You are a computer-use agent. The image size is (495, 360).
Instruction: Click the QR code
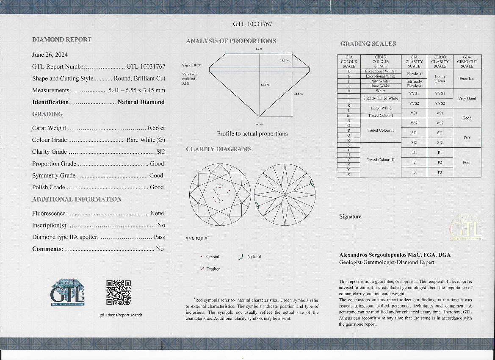point(118,293)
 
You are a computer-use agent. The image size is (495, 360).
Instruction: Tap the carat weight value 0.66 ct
point(156,128)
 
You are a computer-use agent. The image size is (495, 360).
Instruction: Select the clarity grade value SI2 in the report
point(160,152)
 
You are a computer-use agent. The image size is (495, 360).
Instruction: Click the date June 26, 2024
point(50,55)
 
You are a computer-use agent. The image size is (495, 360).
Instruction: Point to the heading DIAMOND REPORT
point(62,39)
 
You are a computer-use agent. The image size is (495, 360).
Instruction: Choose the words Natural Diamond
point(141,102)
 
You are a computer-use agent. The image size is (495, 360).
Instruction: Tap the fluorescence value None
point(157,213)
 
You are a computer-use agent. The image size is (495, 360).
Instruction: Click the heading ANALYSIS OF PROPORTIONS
point(231,41)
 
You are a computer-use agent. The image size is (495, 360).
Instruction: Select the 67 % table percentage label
point(259,49)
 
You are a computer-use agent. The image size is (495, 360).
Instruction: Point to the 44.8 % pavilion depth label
point(298,94)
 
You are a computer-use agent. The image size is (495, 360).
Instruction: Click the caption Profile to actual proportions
point(252,134)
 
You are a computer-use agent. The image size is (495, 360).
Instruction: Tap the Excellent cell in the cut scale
point(467,79)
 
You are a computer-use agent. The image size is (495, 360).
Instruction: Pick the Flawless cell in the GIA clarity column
point(414,74)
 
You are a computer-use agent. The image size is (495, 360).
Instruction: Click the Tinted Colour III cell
point(380,160)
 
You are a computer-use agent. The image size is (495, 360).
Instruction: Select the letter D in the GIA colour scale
point(348,71)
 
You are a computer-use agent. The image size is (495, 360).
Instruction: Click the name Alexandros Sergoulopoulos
point(375,255)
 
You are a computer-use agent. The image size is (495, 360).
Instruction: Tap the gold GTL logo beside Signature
point(465,229)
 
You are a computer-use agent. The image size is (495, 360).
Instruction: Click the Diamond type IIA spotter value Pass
point(159,237)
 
